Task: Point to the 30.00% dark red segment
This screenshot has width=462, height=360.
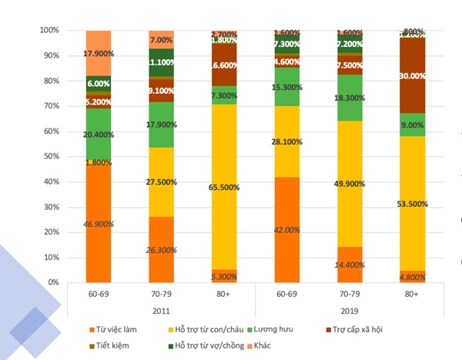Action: (x=413, y=75)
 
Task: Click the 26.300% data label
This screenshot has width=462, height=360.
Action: (x=161, y=249)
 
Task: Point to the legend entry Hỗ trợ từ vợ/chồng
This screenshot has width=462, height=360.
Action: (x=204, y=345)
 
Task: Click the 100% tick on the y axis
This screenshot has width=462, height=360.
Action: (x=49, y=31)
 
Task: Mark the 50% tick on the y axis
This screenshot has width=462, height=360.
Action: (x=51, y=156)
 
